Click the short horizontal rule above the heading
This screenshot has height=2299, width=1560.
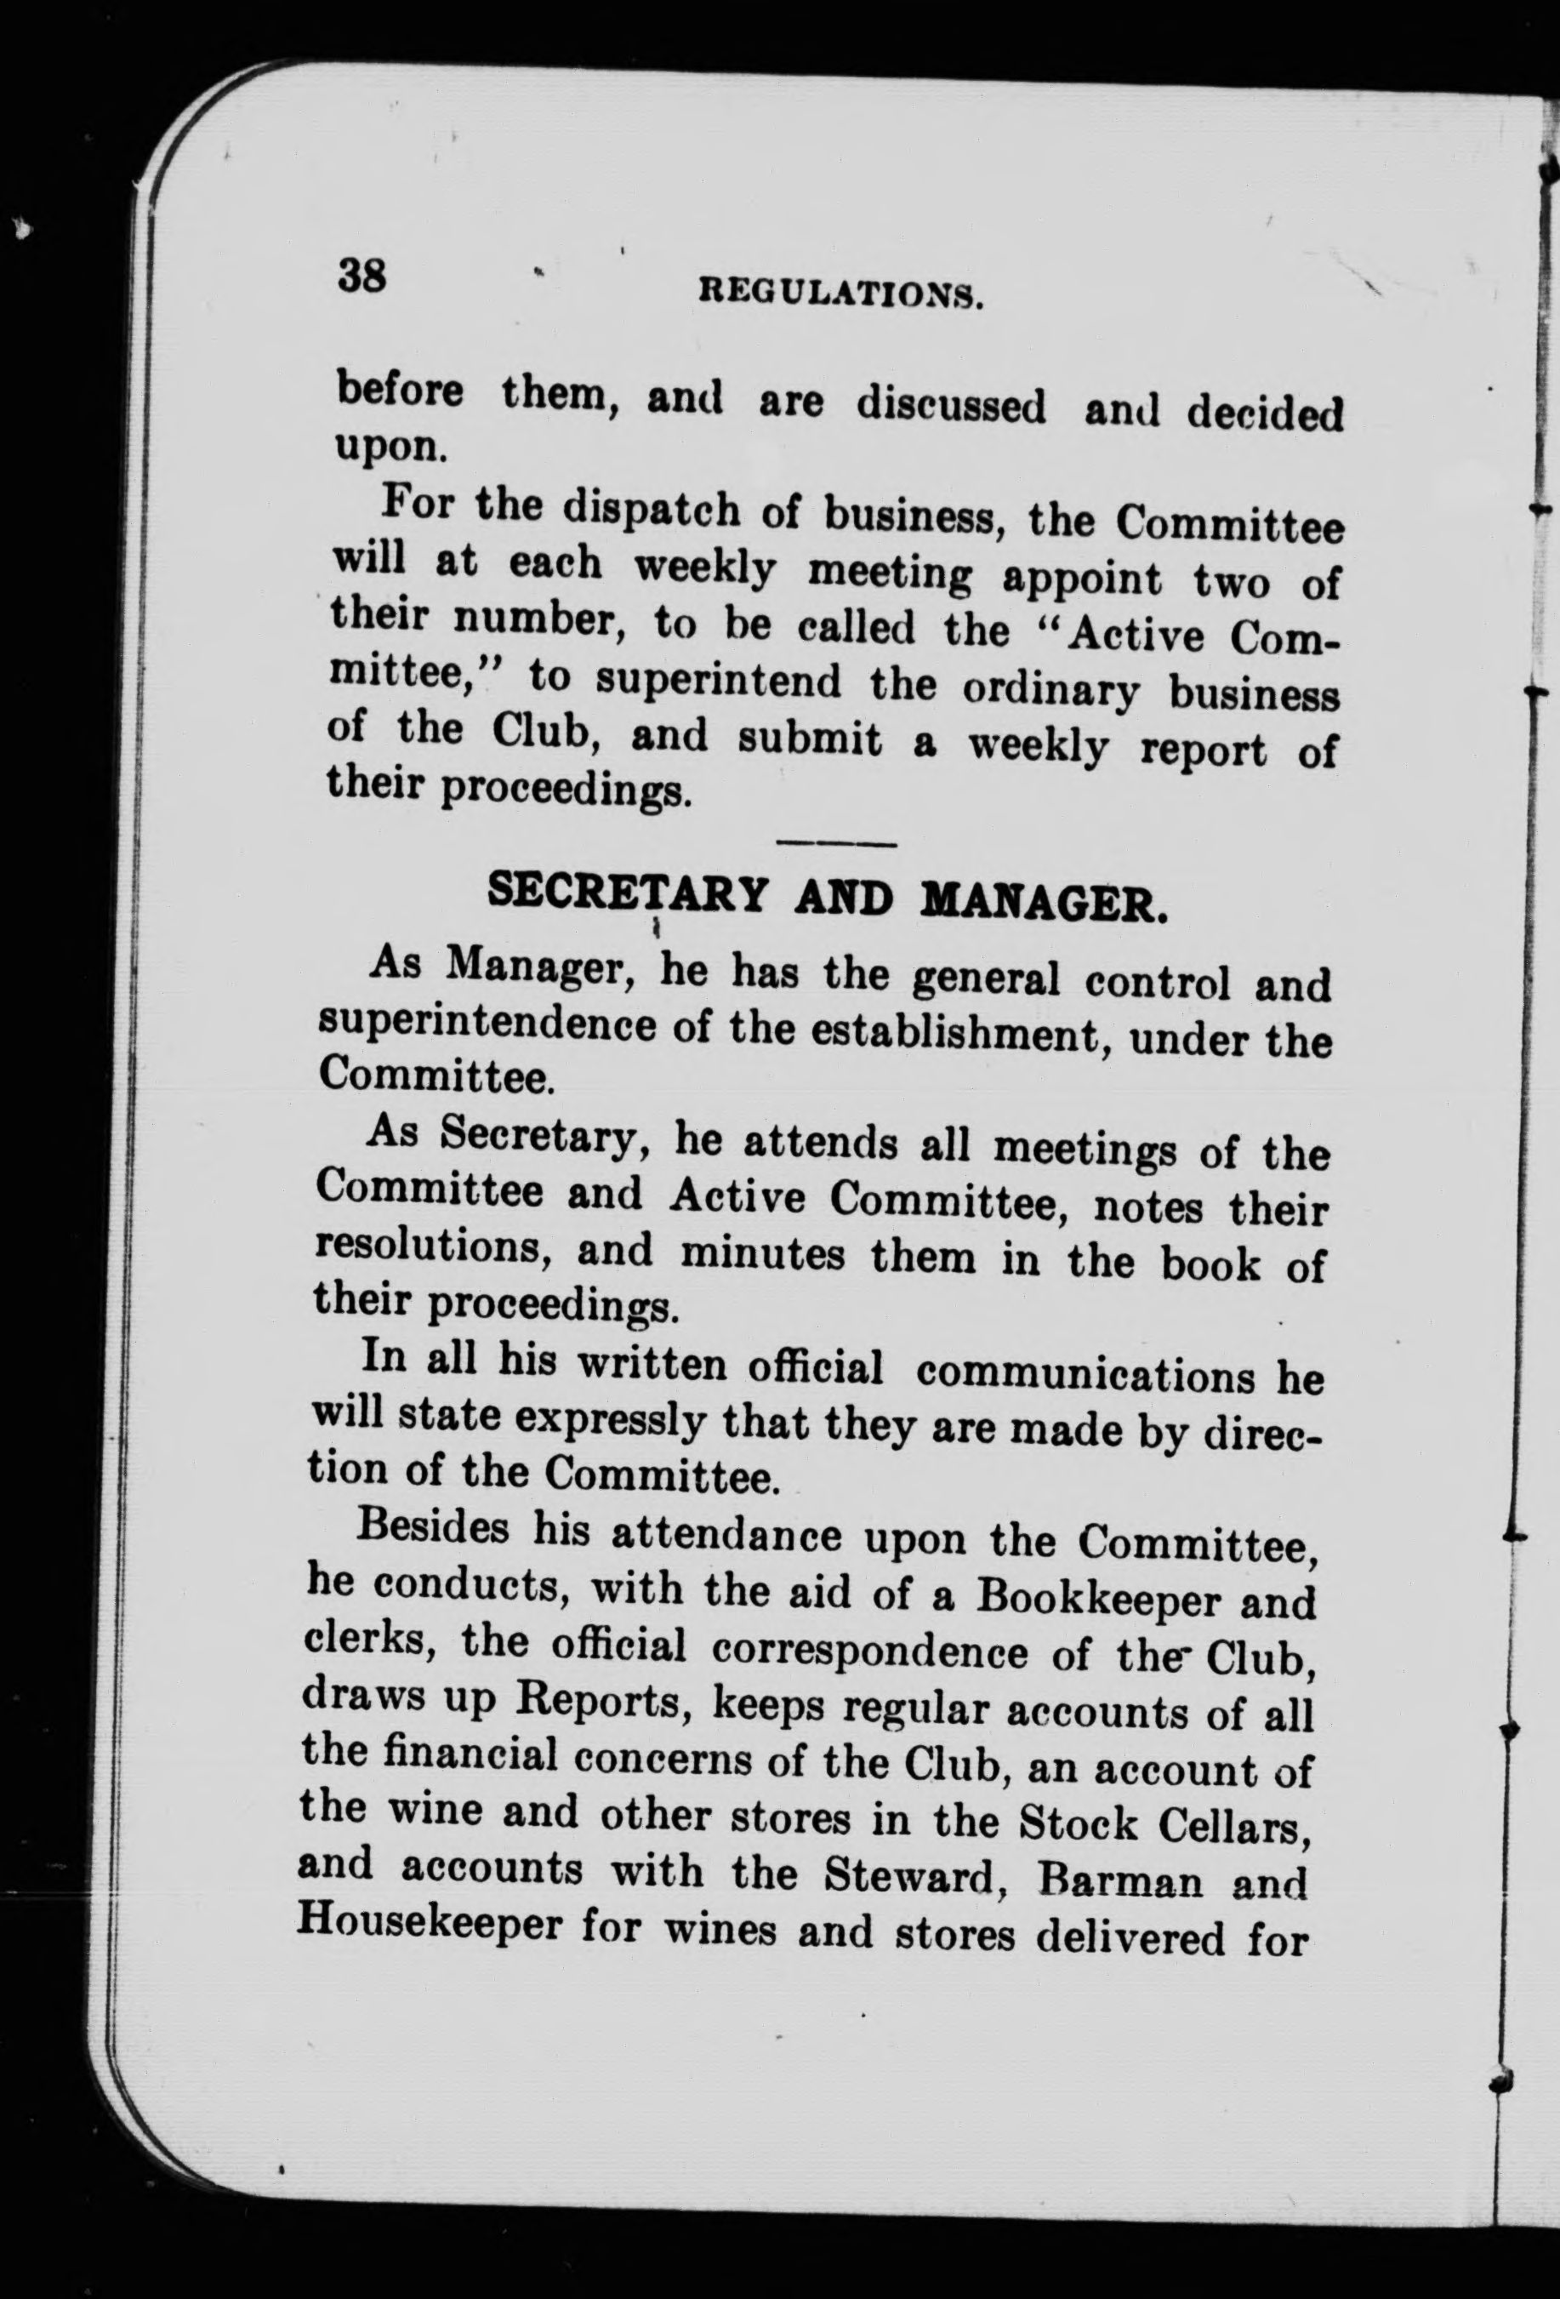pyautogui.click(x=837, y=844)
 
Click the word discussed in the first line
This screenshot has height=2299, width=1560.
pyautogui.click(x=949, y=408)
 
